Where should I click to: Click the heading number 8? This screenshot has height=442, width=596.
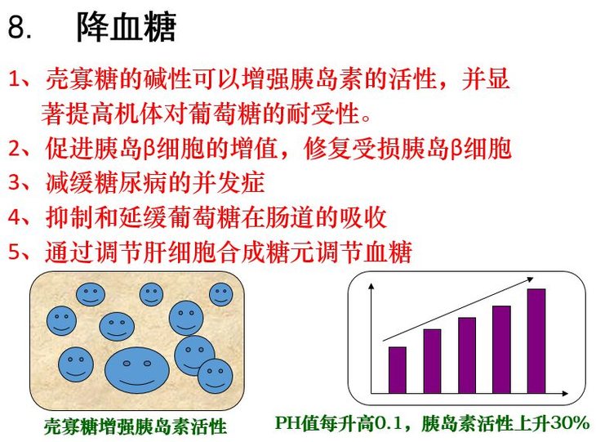20,27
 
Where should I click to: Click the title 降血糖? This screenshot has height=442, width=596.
127,27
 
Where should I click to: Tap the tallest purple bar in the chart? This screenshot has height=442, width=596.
536,341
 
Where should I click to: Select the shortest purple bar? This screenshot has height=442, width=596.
398,370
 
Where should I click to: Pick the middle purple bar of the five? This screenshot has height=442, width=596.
467,355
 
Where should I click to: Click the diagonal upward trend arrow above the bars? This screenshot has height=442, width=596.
458,309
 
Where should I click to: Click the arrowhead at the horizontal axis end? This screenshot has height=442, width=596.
565,393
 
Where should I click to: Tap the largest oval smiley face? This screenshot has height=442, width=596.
137,370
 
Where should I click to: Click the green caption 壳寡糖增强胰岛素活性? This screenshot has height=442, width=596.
136,426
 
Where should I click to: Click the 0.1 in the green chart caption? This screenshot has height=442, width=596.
389,423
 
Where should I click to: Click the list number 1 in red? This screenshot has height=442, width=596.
16,79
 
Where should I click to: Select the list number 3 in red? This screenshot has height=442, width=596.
16,182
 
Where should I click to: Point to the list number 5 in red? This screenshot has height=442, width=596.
16,252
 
